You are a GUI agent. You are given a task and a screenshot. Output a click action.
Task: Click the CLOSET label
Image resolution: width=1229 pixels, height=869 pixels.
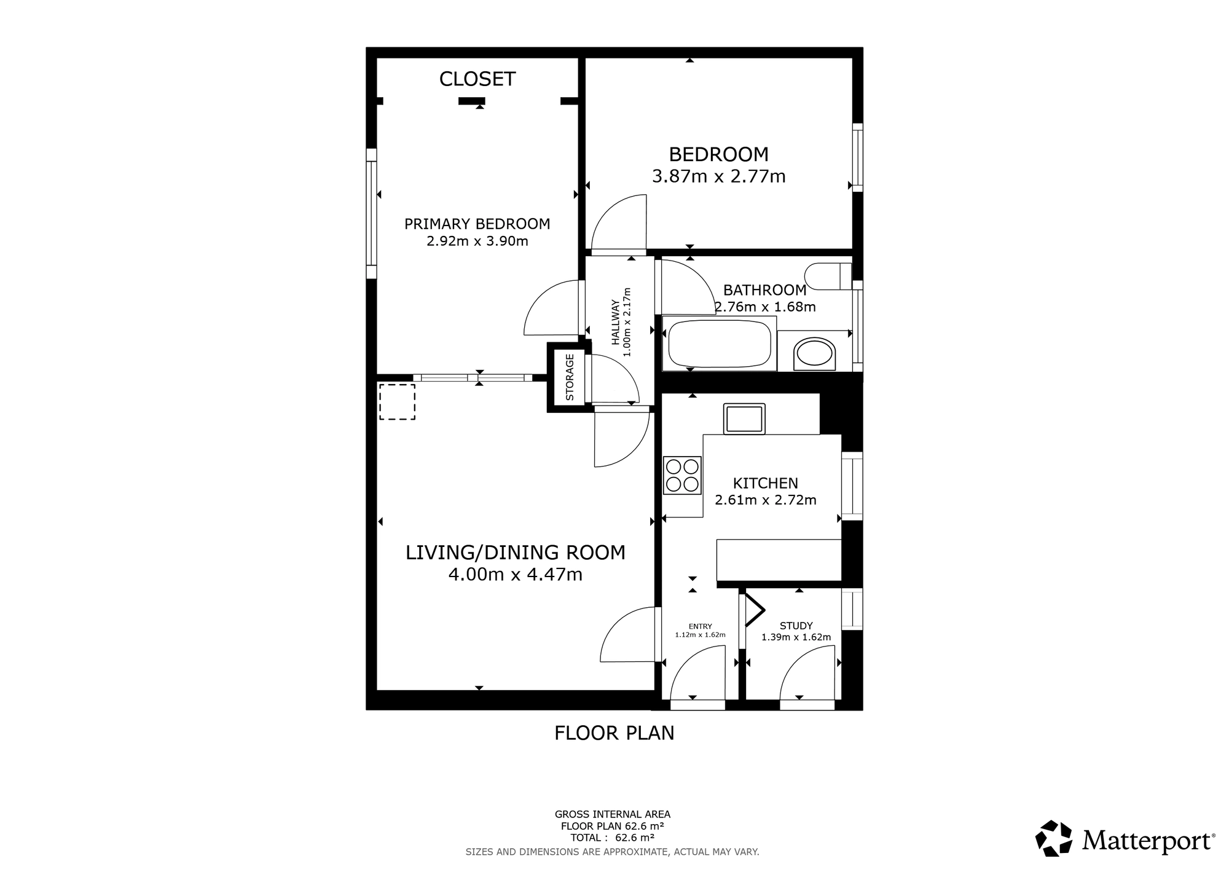(x=477, y=79)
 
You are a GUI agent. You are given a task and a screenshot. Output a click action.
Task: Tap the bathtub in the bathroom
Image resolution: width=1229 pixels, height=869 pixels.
(x=719, y=343)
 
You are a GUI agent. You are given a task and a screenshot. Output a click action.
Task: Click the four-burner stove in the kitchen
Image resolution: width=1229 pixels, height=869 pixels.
(x=683, y=475)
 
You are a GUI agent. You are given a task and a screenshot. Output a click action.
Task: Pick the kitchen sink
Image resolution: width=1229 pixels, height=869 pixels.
(x=744, y=419)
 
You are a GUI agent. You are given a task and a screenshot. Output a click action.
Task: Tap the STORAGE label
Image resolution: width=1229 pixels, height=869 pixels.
(x=570, y=377)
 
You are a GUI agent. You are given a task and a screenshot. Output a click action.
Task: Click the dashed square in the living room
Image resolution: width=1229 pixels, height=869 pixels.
(x=397, y=402)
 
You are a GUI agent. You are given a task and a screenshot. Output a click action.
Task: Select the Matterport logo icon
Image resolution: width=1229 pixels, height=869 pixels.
(x=1054, y=838)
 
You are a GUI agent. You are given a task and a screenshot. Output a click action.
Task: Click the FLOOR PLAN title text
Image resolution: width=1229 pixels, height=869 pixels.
(x=614, y=733)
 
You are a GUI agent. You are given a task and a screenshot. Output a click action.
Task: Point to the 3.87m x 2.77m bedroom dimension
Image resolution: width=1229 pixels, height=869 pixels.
(x=719, y=177)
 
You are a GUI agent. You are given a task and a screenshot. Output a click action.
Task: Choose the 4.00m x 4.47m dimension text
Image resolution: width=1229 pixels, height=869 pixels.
(x=516, y=575)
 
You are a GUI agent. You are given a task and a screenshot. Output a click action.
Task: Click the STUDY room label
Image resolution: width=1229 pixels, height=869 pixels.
(x=796, y=626)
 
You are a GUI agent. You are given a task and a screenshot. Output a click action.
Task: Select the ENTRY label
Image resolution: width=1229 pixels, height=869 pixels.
(x=701, y=627)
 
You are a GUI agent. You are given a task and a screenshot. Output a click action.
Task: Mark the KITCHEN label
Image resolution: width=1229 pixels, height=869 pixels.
(x=766, y=484)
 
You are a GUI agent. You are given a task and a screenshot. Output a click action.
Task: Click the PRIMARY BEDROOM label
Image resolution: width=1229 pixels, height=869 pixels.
(x=477, y=224)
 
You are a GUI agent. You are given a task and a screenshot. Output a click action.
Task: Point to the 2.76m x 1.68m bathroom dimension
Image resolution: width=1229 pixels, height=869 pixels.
(x=766, y=307)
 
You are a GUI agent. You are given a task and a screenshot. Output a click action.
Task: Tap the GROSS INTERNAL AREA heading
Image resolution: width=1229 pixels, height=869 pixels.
(x=613, y=815)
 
